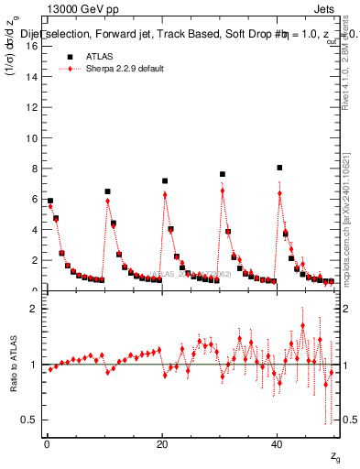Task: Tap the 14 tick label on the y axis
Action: (x=32, y=77)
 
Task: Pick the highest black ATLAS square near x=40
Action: (x=279, y=168)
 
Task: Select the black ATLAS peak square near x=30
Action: (x=222, y=174)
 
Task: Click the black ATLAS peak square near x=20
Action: (x=165, y=181)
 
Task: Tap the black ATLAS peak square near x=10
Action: (x=107, y=191)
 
